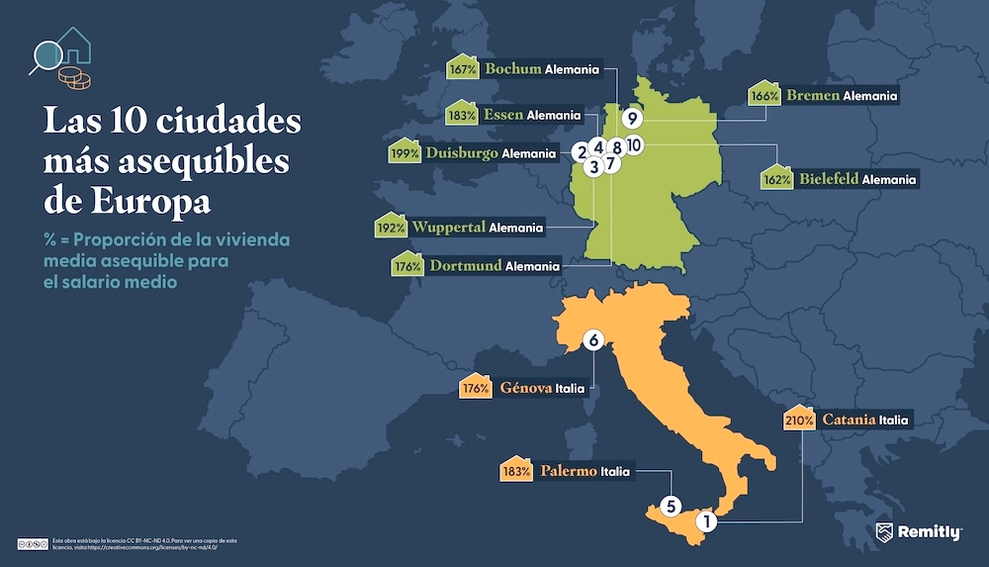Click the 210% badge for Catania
pyautogui.click(x=799, y=420)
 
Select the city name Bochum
pyautogui.click(x=512, y=69)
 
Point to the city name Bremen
pyautogui.click(x=813, y=96)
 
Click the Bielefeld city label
pyautogui.click(x=826, y=180)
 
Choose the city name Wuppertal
pyautogui.click(x=448, y=228)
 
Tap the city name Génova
pyautogui.click(x=526, y=388)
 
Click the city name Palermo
pyautogui.click(x=568, y=471)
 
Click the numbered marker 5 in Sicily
pyautogui.click(x=671, y=505)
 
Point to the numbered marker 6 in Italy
pyautogui.click(x=593, y=340)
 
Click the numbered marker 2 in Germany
pyautogui.click(x=581, y=151)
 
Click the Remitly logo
pyautogui.click(x=919, y=532)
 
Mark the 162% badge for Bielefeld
pyautogui.click(x=777, y=180)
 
